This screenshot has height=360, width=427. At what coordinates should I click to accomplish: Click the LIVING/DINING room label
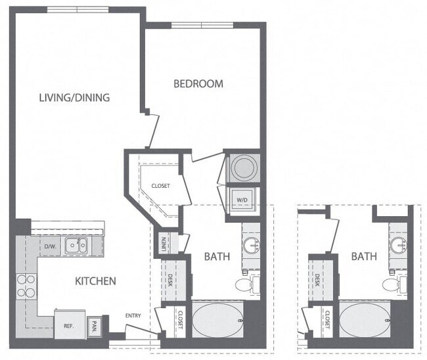point(74,98)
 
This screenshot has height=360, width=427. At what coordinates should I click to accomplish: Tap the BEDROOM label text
point(198,84)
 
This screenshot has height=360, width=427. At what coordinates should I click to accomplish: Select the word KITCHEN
point(95,281)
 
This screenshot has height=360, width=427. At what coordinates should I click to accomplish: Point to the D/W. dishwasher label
point(50,247)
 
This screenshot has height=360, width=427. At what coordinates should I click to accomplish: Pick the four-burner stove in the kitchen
point(26,286)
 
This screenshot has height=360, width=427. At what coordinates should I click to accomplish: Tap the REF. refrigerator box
point(67,325)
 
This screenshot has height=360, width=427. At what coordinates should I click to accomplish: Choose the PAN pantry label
point(94,325)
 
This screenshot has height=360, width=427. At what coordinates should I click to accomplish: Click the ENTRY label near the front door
point(133,317)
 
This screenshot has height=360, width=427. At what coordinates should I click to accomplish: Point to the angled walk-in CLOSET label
point(160,186)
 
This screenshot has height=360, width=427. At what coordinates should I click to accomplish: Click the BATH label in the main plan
point(217,256)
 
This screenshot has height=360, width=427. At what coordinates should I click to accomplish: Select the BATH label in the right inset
point(363,256)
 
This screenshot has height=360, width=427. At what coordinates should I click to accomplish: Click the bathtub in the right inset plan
point(364,320)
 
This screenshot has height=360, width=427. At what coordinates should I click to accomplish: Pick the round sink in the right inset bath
point(398,246)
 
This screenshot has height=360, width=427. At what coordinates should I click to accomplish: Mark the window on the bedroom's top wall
point(203,26)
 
